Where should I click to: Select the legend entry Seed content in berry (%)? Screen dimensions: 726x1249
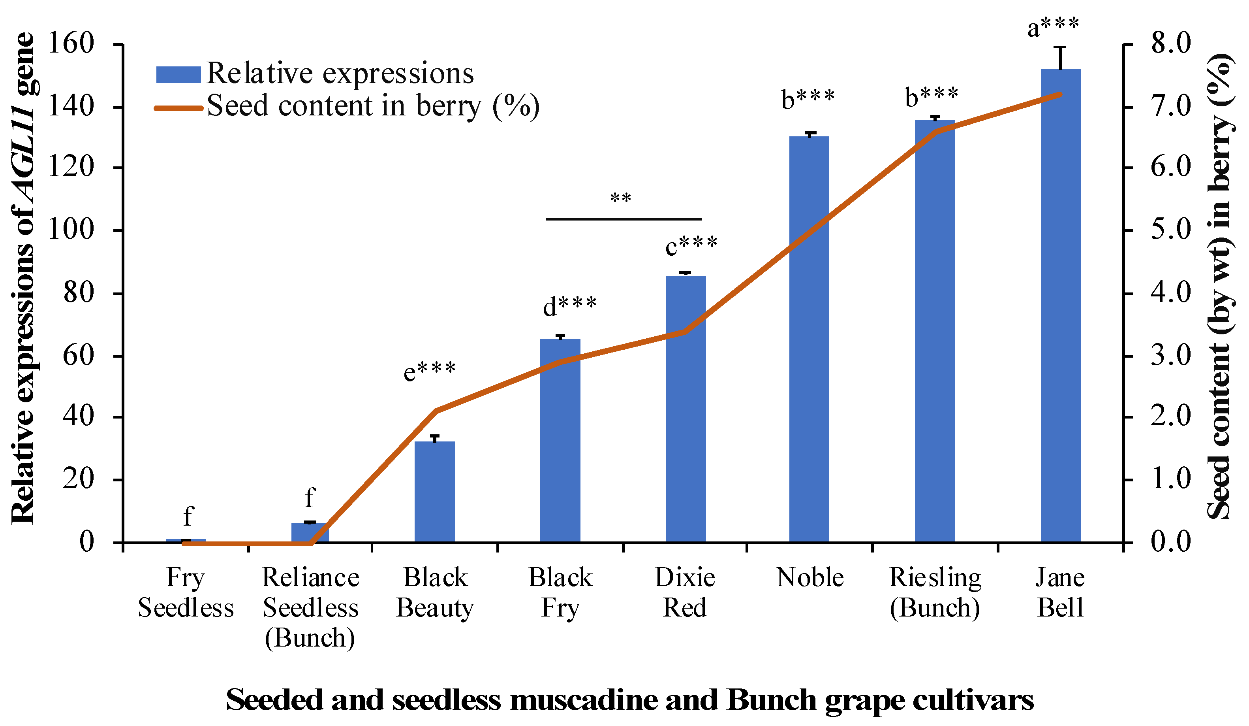tap(347, 107)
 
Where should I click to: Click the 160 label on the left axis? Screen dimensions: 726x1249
tap(71, 43)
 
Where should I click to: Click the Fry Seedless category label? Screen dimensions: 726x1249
tap(185, 592)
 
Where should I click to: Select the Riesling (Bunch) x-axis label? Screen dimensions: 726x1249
tap(935, 592)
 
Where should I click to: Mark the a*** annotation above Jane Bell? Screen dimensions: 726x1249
tap(1053, 27)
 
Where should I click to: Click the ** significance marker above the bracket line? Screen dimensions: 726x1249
tap(620, 199)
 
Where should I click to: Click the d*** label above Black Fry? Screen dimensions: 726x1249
tap(569, 306)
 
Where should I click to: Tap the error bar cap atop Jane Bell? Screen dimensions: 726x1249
tap(1060, 47)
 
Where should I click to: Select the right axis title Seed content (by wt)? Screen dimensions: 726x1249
tap(1220, 288)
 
